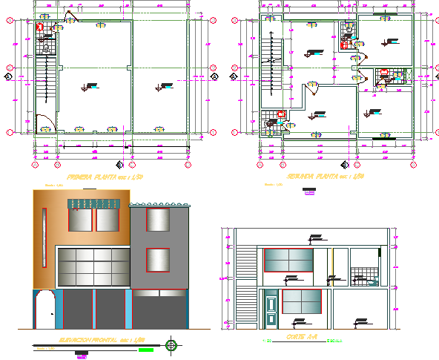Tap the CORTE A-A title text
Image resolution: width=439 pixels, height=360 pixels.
pos(301,338)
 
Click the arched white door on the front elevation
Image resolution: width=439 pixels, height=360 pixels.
pos(44,309)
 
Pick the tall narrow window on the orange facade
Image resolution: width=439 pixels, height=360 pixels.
pos(44,231)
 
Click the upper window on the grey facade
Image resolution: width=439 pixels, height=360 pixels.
pos(156,220)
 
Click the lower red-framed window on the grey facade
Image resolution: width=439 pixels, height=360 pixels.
pos(156,262)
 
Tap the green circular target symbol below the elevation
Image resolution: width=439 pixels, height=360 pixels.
pos(172,344)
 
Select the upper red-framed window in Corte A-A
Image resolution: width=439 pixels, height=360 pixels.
pos(289,261)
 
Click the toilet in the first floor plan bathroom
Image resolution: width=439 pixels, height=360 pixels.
pos(46,48)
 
